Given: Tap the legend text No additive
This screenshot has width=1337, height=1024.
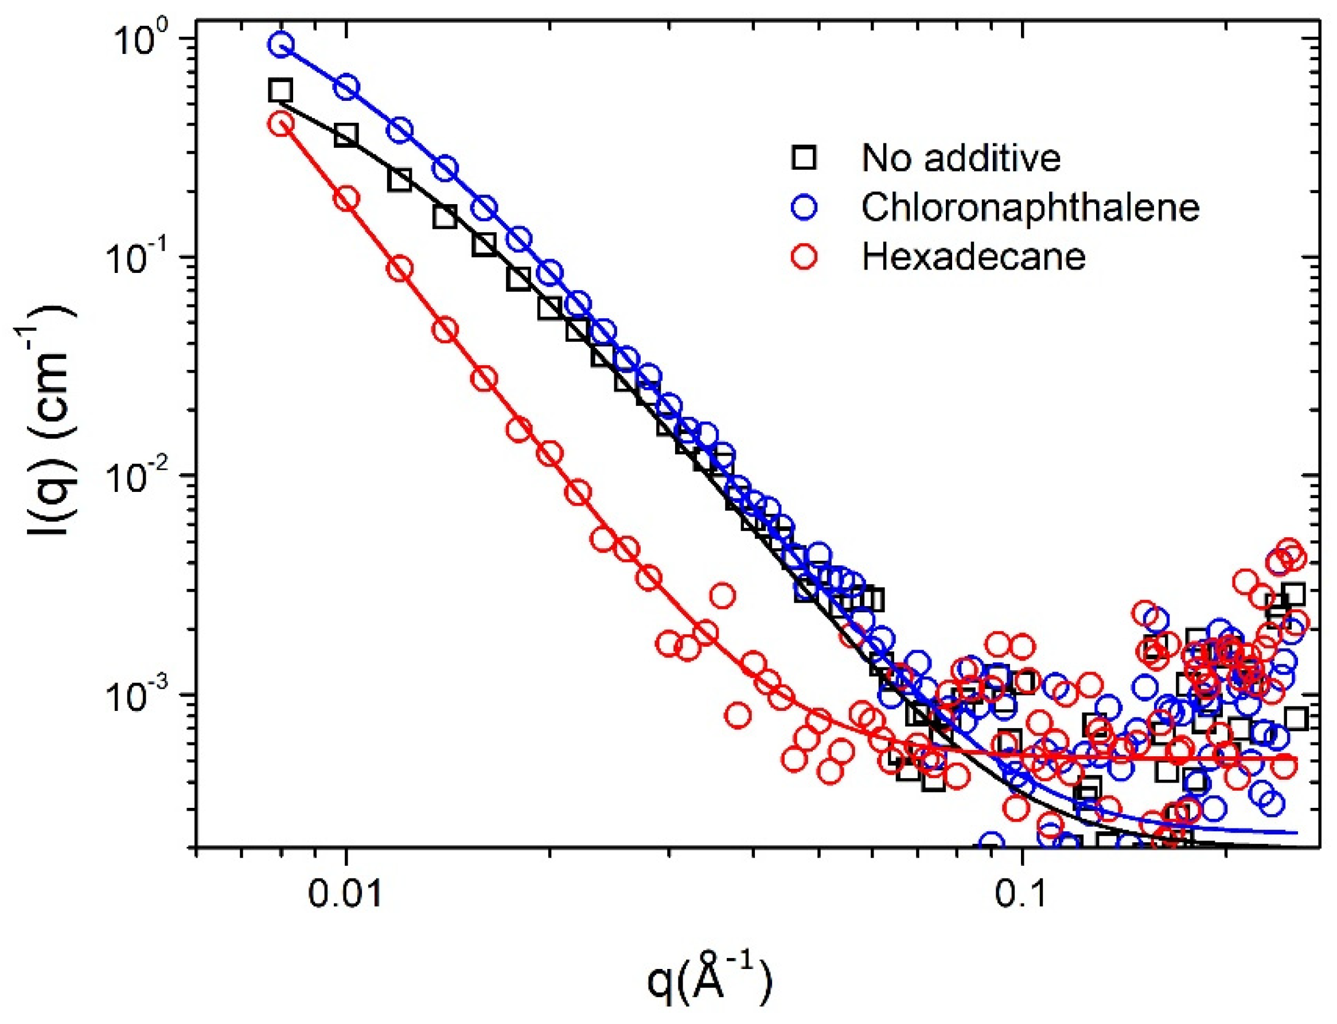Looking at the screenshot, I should coord(961,158).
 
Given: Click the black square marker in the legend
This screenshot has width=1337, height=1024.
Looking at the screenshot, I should coord(804,158).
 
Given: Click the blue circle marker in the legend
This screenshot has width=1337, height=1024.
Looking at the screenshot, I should coord(804,207).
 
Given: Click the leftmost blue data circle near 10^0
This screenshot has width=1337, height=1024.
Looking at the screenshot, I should coord(282,45).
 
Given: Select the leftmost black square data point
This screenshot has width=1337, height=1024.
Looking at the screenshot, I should coord(280,90).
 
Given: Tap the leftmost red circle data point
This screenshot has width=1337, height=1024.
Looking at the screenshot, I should coord(282,124).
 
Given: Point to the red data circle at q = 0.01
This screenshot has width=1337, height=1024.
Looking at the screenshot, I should coord(347,199).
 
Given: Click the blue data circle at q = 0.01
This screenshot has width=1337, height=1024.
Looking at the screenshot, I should coord(347,88).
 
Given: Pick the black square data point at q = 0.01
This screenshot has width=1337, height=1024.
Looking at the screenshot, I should coord(346,135).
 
